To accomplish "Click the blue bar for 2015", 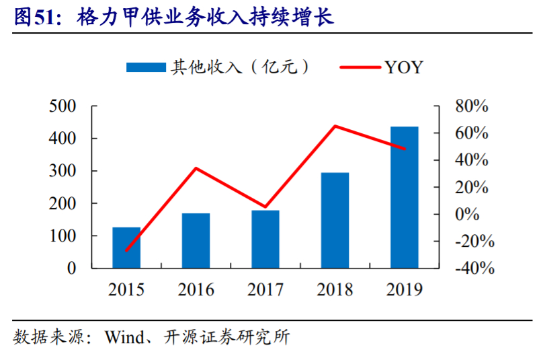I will coord(126,248).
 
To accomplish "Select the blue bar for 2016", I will coord(196,241).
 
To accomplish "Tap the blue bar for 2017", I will coord(265,240).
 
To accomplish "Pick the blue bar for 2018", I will coord(335,221).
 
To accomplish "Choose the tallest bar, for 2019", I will coord(405,197).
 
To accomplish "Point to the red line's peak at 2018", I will coord(335,126).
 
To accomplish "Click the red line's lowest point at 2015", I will coord(126,250).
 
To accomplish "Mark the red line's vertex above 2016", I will coord(196,168).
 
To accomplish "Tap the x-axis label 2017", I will coord(265,290).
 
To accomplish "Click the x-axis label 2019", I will coord(405,290).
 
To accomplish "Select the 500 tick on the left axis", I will coord(63,106).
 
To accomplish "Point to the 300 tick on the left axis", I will coord(63,171).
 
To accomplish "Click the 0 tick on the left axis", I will coord(72,268).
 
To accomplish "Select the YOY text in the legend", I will coord(403,67).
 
